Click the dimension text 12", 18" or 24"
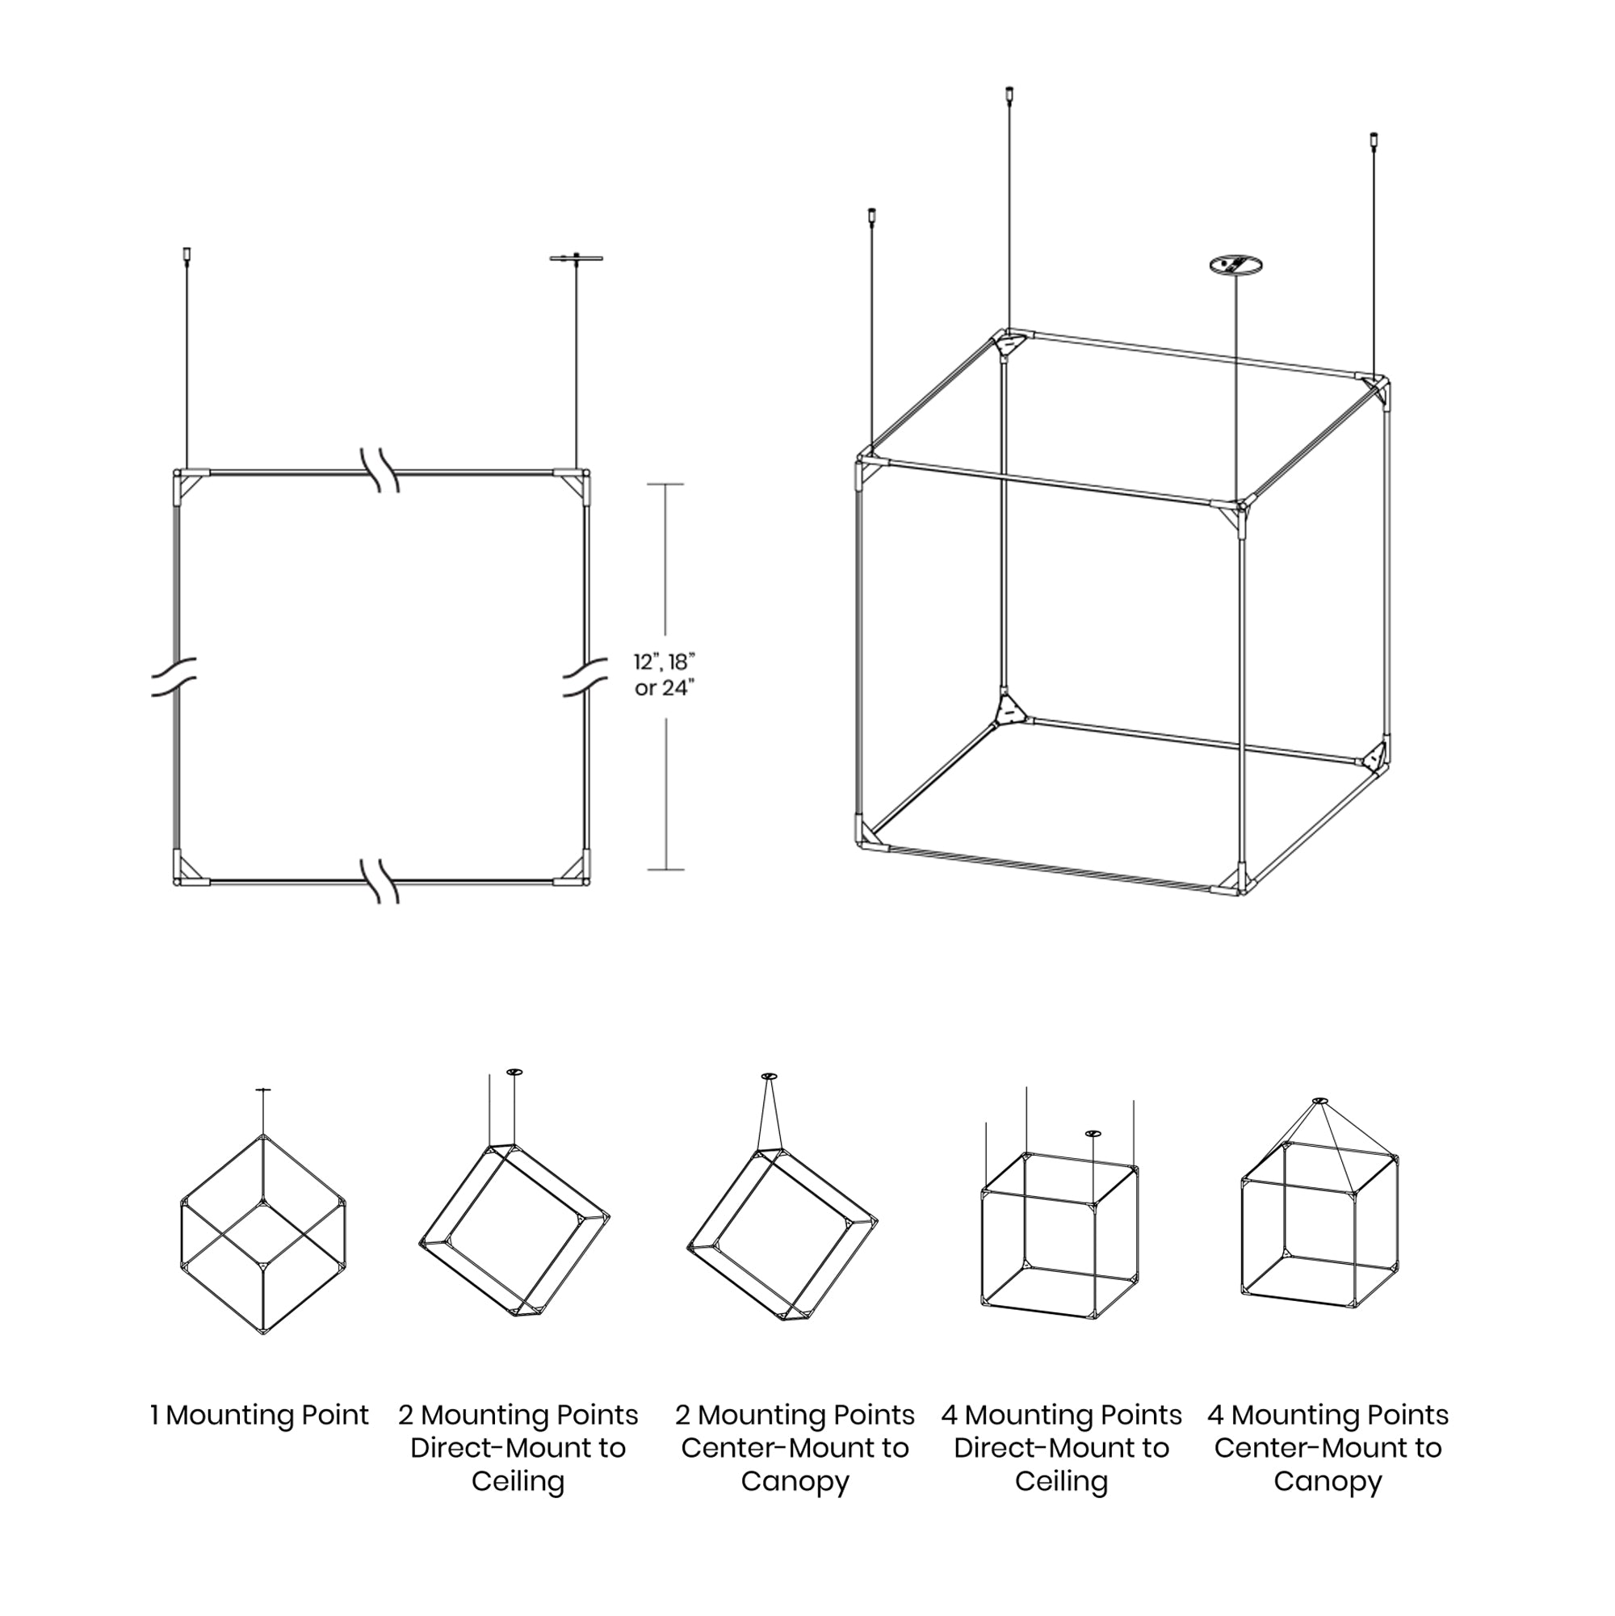(664, 674)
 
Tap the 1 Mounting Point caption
(259, 1415)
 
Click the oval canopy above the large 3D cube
(1235, 266)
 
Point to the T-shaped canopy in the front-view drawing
(577, 258)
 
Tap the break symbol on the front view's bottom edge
(380, 881)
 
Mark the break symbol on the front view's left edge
(174, 676)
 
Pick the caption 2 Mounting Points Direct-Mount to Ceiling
(518, 1448)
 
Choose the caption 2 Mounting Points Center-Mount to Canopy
(795, 1448)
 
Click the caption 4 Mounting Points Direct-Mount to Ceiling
(1061, 1448)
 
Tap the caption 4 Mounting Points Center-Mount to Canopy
(1328, 1448)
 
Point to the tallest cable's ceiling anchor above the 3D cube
(1009, 94)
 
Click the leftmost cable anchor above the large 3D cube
(871, 215)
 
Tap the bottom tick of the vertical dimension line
(665, 869)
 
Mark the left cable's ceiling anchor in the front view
(187, 253)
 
